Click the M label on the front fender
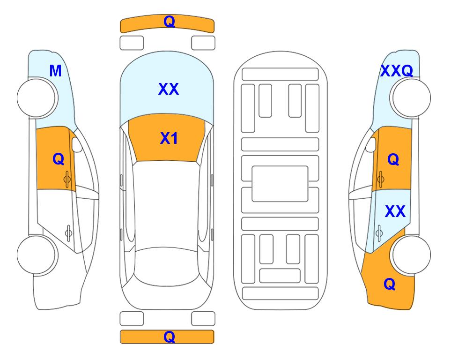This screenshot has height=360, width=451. click(56, 71)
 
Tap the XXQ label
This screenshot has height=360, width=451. click(397, 71)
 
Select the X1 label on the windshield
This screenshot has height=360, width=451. click(169, 138)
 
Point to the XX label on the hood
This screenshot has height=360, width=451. click(169, 89)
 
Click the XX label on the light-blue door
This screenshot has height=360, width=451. click(395, 211)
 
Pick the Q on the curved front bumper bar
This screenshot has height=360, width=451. click(170, 22)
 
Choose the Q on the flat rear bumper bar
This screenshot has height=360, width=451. click(170, 337)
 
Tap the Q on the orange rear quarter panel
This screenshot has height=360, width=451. click(390, 284)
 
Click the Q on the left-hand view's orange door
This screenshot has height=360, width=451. click(59, 159)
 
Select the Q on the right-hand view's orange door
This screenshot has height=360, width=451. click(393, 159)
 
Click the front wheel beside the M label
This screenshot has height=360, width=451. click(36, 97)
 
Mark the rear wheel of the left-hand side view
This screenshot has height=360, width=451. click(36, 255)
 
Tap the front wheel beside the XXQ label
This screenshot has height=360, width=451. click(411, 97)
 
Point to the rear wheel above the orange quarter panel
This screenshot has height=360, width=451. click(411, 255)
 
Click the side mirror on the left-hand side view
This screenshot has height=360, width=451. click(77, 144)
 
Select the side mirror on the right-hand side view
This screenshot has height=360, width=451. click(371, 144)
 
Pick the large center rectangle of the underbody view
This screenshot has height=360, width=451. click(280, 184)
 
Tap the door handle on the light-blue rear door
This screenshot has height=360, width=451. click(379, 233)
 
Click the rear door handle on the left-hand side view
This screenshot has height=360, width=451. click(68, 233)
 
